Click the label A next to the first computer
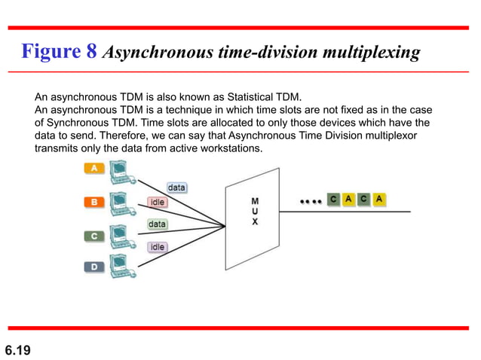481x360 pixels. point(94,169)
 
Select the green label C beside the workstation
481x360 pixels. point(94,236)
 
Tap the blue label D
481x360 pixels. point(94,266)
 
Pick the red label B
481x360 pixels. point(94,202)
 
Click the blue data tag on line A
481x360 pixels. point(176,187)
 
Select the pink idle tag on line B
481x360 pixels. point(158,202)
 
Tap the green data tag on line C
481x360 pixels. point(157,224)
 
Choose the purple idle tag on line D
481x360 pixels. point(158,247)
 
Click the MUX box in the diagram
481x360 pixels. point(254,212)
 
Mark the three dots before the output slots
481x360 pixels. point(310,201)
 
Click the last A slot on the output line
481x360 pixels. point(380,200)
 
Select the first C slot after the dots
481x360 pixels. point(333,200)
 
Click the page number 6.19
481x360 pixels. point(18,349)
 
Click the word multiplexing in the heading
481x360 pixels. point(375,53)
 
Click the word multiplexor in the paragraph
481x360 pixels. point(391,136)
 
